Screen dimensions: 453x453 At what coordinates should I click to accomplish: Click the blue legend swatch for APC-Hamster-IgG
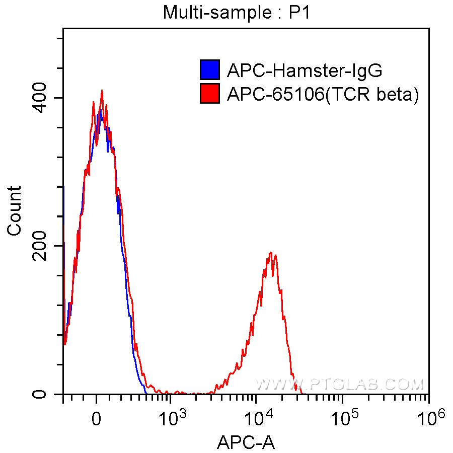click(x=209, y=70)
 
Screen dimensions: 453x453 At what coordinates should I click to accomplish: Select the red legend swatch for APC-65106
click(x=209, y=94)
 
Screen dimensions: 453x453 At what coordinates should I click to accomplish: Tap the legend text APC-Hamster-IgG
click(x=305, y=70)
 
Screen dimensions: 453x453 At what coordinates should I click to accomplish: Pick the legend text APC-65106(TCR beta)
click(x=323, y=94)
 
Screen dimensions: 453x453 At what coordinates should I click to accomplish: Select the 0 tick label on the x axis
click(x=97, y=418)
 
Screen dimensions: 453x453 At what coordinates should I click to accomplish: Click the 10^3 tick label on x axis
click(x=172, y=417)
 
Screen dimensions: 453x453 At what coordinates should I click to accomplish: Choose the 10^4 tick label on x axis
click(x=258, y=417)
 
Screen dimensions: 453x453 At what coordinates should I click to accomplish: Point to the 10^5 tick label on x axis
click(x=344, y=417)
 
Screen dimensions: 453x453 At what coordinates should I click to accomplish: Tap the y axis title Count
click(x=15, y=210)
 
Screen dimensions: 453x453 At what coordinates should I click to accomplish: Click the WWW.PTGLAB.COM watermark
click(x=340, y=385)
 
